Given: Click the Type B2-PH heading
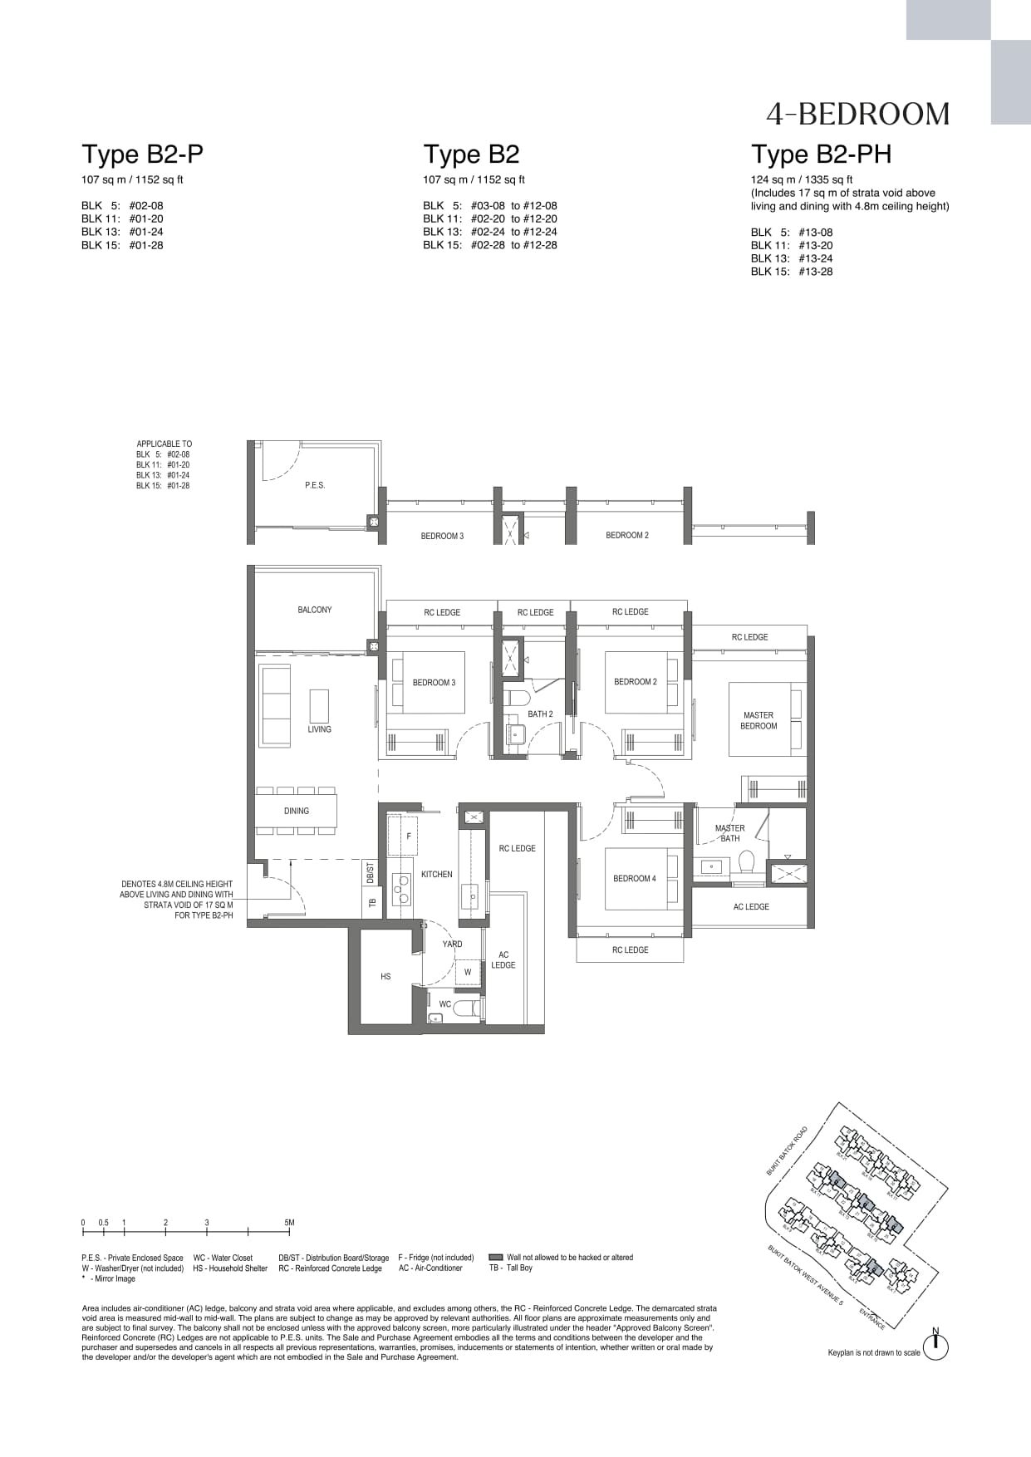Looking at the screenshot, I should coord(820,155).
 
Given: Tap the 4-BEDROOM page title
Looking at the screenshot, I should coord(858,114).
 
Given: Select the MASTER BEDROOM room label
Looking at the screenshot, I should coord(759,720).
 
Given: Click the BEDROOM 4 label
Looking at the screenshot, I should coord(635,878).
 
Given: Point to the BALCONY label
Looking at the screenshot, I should coord(314,610).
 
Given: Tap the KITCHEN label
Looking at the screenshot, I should coord(436,874).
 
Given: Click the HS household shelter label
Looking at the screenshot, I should coord(385,976).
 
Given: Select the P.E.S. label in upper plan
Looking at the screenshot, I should coord(315,485).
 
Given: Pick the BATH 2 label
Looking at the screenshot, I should coord(540,714).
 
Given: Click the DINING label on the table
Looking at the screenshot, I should coord(296,811).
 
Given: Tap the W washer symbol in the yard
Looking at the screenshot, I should coord(468,972).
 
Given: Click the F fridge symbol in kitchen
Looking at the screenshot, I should coord(409,836).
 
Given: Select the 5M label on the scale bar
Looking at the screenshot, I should coord(289,1223).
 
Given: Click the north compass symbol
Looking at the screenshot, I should coord(935,1347).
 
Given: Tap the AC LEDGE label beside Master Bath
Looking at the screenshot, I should coord(751,906).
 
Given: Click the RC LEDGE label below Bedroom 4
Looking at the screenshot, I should coord(630,949).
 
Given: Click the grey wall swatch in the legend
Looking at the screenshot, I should coord(496,1258).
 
